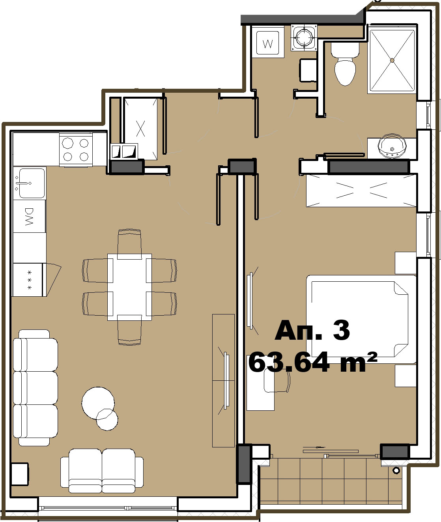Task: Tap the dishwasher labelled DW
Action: click(x=30, y=216)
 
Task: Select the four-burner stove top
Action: click(x=76, y=150)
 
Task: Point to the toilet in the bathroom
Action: click(x=345, y=64)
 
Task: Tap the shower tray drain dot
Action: click(x=392, y=60)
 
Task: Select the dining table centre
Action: click(x=129, y=287)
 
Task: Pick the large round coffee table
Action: click(x=98, y=403)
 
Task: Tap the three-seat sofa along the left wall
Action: click(x=35, y=388)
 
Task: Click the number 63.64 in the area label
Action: click(x=289, y=362)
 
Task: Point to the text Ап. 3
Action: click(x=312, y=331)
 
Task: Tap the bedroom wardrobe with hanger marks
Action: click(x=361, y=191)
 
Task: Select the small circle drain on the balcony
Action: click(x=396, y=470)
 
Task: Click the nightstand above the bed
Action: click(x=405, y=263)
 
